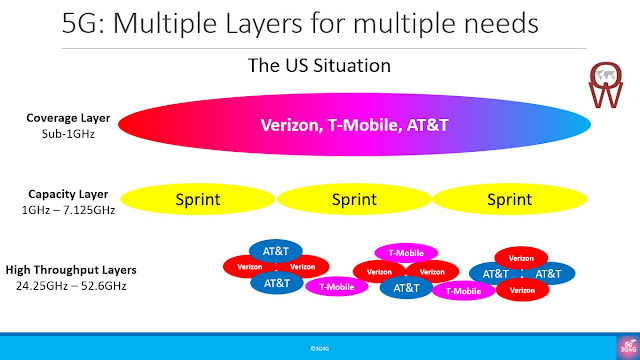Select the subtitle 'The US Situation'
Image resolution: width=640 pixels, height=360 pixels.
(319, 66)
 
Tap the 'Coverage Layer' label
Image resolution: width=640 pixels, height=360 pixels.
(66, 117)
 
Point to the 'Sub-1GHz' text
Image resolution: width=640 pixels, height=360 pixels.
(66, 131)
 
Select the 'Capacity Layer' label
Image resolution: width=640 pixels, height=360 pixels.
(66, 193)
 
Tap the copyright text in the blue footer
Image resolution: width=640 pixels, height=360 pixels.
(320, 347)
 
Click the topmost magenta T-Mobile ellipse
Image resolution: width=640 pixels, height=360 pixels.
(406, 253)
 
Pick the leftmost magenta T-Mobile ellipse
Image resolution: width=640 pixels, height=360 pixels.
(337, 287)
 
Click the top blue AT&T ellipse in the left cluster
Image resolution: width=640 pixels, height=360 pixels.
(276, 251)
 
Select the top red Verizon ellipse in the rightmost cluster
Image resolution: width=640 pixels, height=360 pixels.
(521, 257)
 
